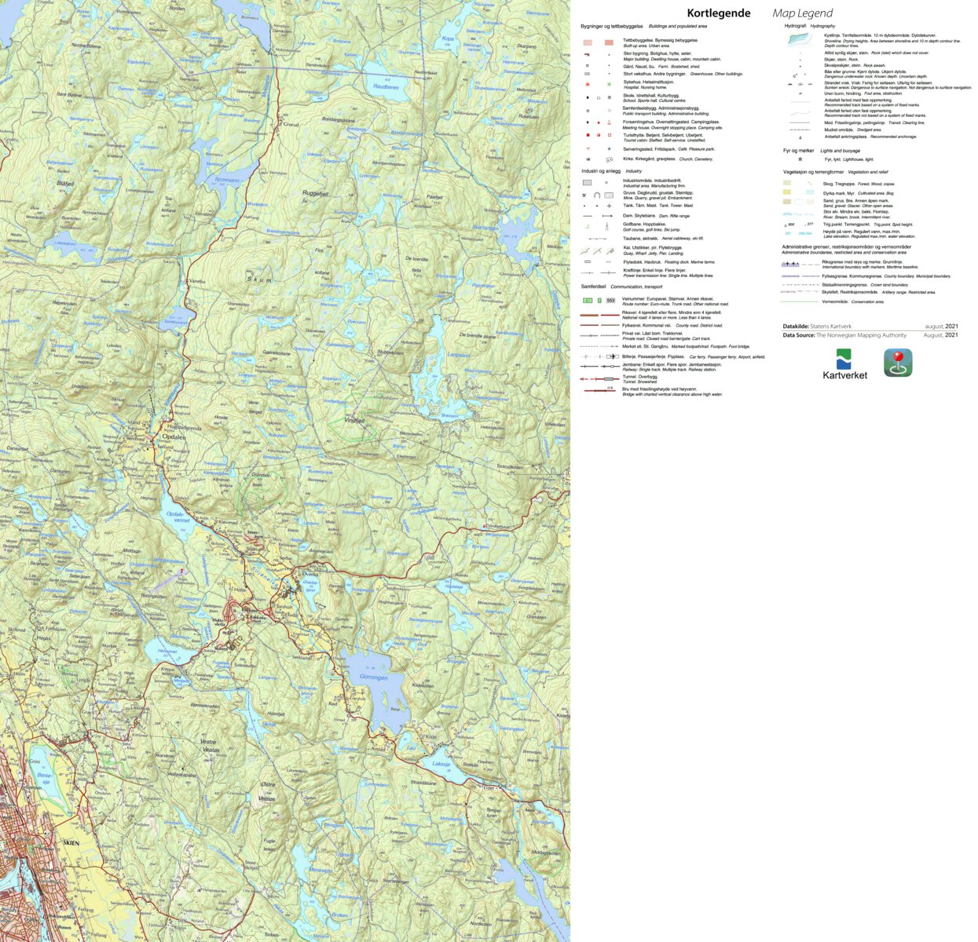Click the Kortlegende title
718,13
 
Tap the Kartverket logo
844,363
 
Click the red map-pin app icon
898,363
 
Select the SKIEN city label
71,842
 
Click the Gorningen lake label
373,677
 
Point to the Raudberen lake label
386,87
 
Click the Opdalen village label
174,436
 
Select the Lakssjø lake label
441,763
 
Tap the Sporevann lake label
226,179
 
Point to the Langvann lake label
458,355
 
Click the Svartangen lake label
485,228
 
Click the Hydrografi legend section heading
795,26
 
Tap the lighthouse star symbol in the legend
800,159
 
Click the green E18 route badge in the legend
587,301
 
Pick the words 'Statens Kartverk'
830,326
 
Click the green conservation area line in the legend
800,301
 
